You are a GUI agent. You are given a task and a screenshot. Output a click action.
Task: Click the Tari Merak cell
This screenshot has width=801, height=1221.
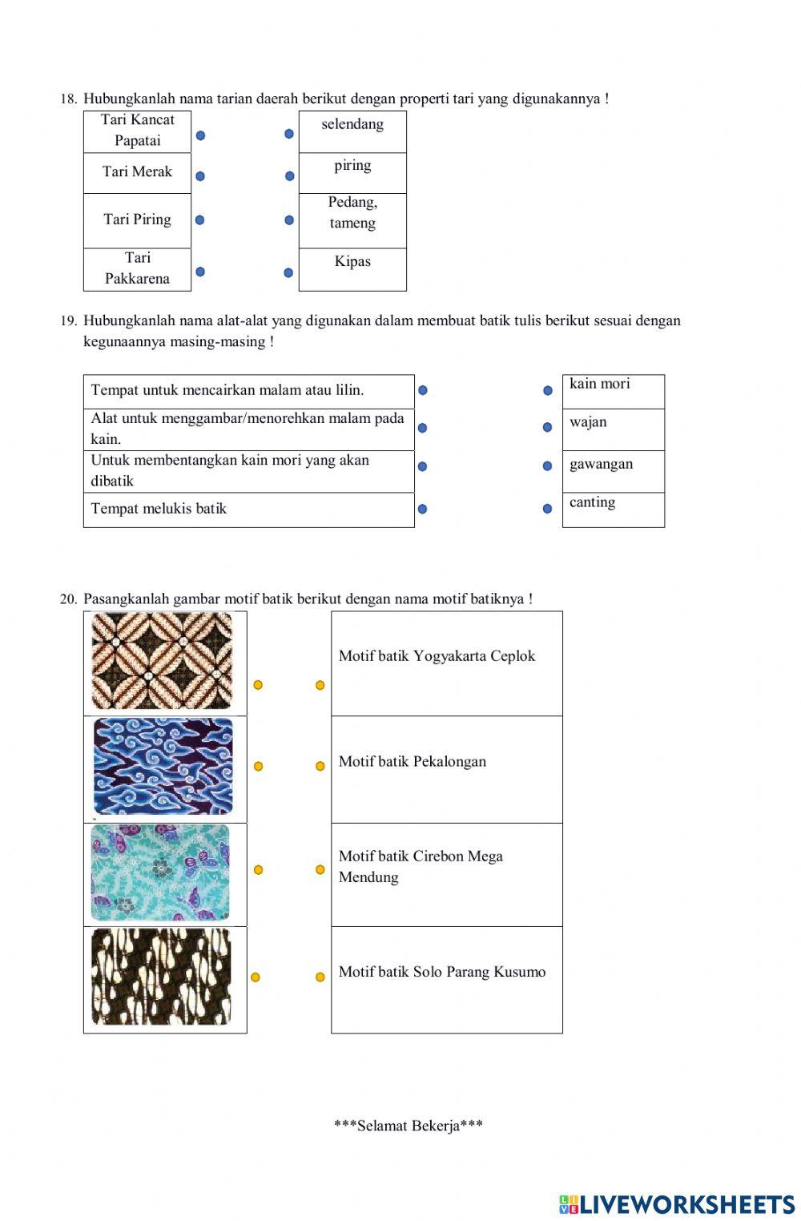point(137,172)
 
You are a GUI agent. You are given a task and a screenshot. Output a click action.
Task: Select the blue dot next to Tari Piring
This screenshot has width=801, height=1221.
point(199,220)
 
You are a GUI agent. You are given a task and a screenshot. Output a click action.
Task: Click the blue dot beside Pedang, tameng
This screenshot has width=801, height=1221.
point(289,220)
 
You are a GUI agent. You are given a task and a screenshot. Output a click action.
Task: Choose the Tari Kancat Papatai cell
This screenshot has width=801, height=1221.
point(137,131)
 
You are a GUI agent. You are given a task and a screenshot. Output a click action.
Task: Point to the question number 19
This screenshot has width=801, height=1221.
point(68,321)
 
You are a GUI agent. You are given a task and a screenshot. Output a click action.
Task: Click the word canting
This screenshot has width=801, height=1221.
point(592,502)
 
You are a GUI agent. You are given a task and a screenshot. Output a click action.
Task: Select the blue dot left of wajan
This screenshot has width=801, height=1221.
point(547,427)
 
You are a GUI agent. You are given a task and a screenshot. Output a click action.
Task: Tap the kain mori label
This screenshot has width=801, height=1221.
point(599,384)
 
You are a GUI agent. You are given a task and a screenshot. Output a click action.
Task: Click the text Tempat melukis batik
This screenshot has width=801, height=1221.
point(159,509)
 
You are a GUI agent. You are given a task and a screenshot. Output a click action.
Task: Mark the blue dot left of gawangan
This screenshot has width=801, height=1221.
point(547,466)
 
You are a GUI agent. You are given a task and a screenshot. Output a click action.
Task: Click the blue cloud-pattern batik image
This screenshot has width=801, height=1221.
point(163,766)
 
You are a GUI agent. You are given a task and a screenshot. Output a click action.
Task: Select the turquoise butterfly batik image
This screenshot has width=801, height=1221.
point(160,872)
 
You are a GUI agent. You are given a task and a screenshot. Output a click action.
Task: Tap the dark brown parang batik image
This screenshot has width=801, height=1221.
point(161,977)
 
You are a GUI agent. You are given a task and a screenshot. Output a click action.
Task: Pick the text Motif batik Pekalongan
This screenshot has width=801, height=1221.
point(412,762)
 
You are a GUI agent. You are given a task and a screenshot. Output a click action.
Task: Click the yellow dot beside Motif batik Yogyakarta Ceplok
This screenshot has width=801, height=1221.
point(320,685)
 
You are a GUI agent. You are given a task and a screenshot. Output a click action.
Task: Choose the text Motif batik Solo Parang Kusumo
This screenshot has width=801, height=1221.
point(441,972)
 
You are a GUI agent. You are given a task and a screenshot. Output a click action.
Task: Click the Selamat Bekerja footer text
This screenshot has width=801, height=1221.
point(408,1126)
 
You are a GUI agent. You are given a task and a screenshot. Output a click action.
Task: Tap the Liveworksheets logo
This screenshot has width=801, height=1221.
point(677,1204)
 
